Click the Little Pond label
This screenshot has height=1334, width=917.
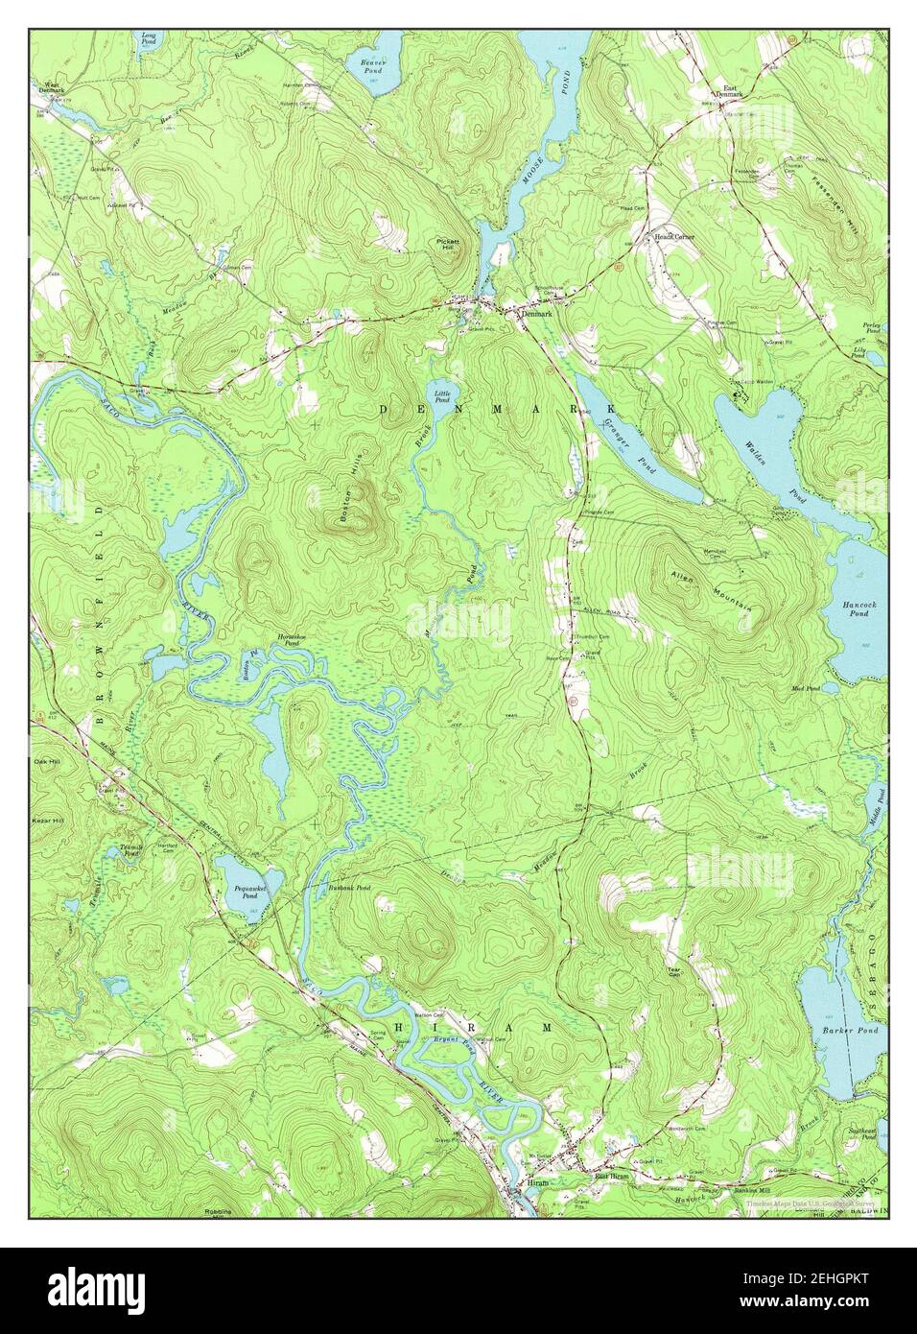[442, 394]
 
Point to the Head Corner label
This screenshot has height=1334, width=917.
[661, 236]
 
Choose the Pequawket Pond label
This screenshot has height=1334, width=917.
[246, 892]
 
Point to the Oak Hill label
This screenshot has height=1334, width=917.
[47, 764]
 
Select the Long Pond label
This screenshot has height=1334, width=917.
[149, 38]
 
